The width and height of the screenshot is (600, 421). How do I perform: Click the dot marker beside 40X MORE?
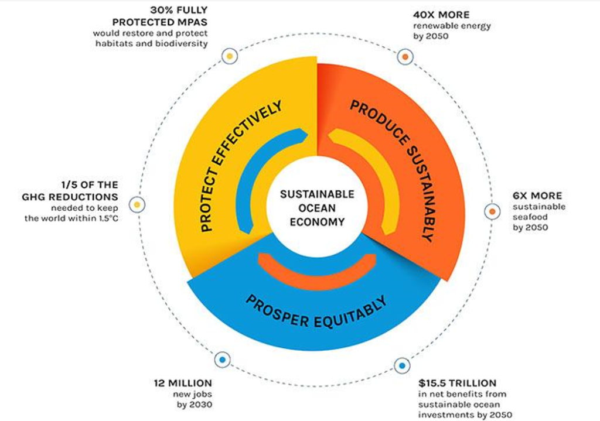(x=404, y=57)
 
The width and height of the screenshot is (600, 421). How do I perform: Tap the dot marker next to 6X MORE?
(x=492, y=211)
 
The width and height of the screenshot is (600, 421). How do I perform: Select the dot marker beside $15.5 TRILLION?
(x=401, y=366)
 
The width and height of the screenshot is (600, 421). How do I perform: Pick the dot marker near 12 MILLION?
(x=221, y=359)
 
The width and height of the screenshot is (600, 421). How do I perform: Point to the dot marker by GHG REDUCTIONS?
(x=137, y=204)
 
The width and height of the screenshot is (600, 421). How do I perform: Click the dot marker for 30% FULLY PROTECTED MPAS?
(x=230, y=56)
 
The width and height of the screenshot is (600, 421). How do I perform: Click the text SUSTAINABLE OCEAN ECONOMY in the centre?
(x=317, y=208)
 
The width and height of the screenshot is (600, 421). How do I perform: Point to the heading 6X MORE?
(x=537, y=196)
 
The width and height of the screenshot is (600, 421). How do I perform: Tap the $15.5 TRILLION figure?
(x=457, y=384)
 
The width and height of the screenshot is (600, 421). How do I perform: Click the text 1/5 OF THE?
(x=93, y=184)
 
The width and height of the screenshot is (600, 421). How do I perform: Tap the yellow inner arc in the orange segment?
(x=381, y=176)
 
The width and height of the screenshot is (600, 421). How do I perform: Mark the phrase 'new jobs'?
(x=193, y=394)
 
